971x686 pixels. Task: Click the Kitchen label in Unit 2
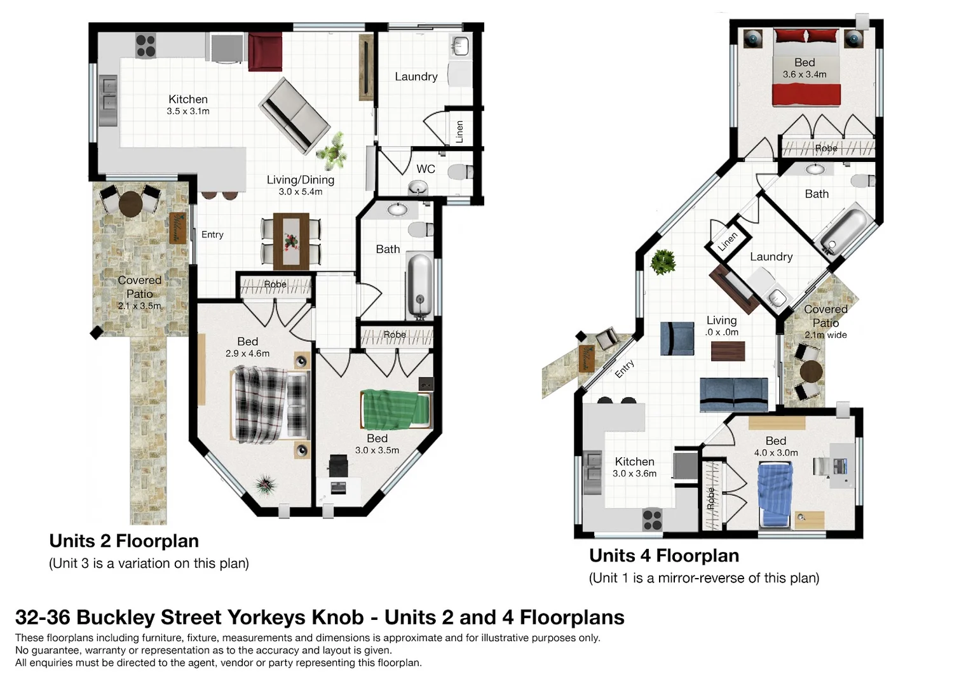coord(188,99)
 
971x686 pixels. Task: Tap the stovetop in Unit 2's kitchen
coord(146,46)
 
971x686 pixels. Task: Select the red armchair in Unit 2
coord(264,51)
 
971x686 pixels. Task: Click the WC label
coord(426,169)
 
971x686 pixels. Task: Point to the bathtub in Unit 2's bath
coord(419,285)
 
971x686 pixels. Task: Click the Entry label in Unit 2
coord(212,234)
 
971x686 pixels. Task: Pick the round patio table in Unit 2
coord(131,203)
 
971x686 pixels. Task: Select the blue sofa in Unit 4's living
coord(733,394)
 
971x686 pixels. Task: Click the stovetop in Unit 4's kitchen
coord(652,520)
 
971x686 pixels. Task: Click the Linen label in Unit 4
coord(728,241)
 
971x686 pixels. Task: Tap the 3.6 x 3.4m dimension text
coord(805,74)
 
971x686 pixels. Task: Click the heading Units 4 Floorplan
coord(664,556)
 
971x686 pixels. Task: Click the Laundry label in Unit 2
coord(416,77)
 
